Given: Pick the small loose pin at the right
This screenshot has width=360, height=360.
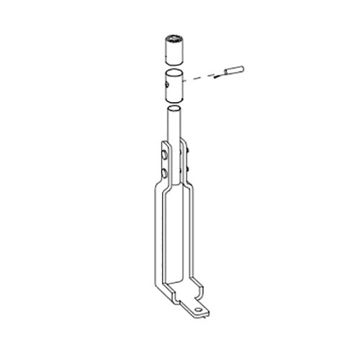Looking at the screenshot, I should tap(235, 70).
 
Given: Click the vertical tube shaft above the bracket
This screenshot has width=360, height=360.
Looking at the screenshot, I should tap(175, 130).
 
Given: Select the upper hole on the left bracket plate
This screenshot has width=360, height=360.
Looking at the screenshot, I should tap(166, 155).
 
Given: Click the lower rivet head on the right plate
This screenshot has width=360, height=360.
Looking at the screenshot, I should tap(189, 169).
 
